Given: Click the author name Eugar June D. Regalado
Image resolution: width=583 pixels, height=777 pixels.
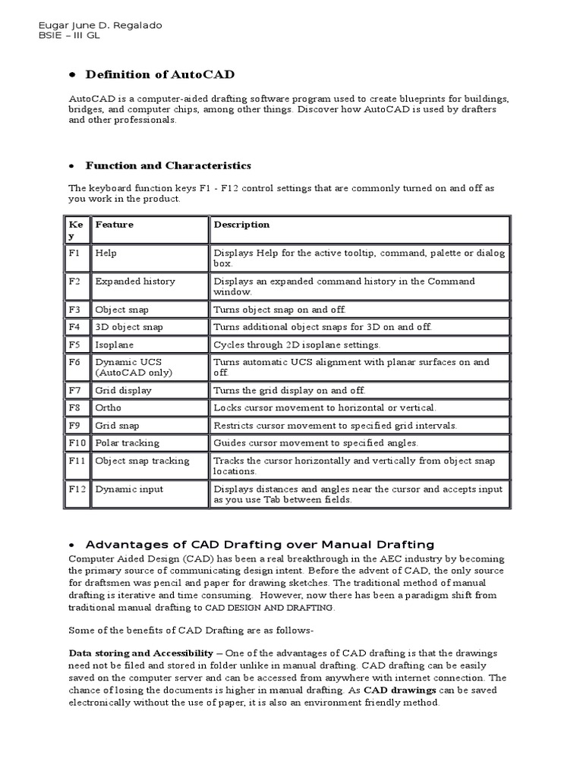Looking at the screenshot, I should (99, 25).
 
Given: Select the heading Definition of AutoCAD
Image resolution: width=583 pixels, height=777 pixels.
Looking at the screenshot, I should (159, 74).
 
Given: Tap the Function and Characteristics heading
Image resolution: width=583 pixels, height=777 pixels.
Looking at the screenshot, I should (168, 165).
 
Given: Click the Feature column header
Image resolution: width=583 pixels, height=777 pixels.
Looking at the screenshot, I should (114, 225).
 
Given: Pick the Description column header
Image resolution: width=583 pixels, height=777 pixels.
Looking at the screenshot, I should (241, 225).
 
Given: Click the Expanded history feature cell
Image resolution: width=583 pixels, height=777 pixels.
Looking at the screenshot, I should (134, 282).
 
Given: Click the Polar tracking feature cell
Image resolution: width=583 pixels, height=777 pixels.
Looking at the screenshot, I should (127, 442).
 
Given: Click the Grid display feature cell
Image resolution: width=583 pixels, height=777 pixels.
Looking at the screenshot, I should (123, 390).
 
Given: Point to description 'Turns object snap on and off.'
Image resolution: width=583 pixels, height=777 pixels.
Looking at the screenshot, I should (279, 310).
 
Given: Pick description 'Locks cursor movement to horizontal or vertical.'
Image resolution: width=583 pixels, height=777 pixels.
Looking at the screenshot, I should (324, 407).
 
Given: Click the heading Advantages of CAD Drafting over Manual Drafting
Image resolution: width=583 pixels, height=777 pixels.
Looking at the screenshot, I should (260, 544).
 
